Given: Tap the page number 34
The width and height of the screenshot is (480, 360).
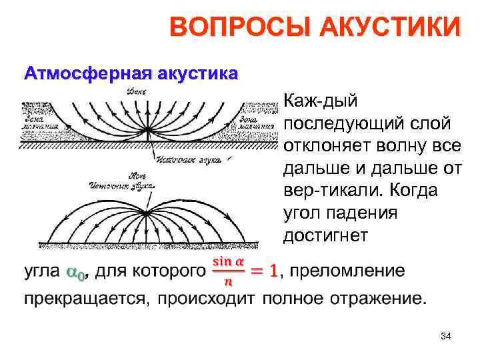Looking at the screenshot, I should pos(446,337).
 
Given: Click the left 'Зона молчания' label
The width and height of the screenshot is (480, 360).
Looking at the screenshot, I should pos(38,121).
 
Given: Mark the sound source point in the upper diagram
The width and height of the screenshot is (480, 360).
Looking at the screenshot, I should pos(155,138).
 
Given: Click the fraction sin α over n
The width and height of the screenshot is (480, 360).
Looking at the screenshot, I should pos(227,271).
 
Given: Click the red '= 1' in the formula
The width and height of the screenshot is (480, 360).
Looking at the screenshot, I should pos(264,271).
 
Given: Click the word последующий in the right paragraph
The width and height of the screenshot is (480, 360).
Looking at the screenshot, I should pos(344,123).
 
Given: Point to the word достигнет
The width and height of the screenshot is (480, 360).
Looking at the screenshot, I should pos(325,235).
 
